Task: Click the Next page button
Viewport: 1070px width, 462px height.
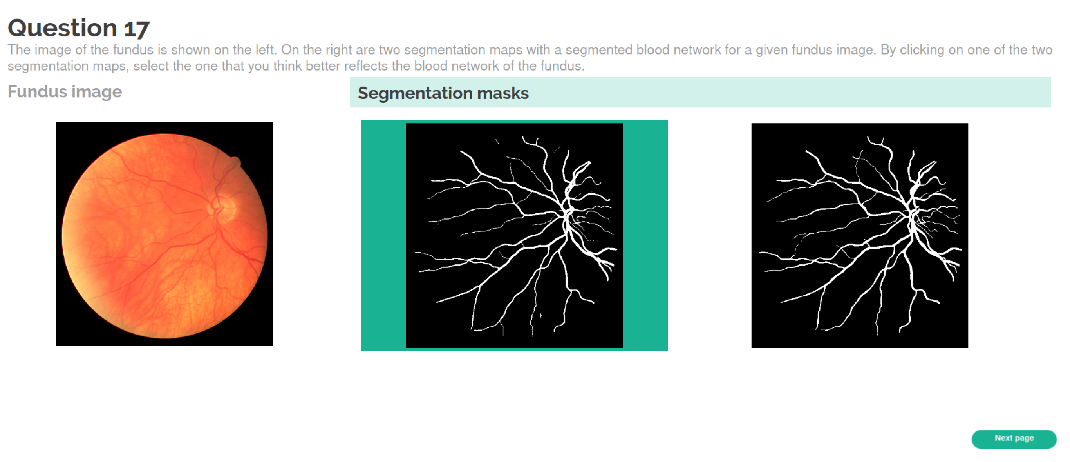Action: (1014, 439)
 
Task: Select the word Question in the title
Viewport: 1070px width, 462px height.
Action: (62, 28)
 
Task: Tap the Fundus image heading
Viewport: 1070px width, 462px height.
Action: (65, 91)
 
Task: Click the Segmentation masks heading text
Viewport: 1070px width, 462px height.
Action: (443, 93)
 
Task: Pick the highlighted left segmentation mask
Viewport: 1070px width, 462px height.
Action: (514, 235)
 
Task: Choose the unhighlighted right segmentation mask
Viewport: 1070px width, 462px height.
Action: (859, 235)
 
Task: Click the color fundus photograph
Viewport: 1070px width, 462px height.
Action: (164, 234)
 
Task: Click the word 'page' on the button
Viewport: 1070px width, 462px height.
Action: (1024, 438)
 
